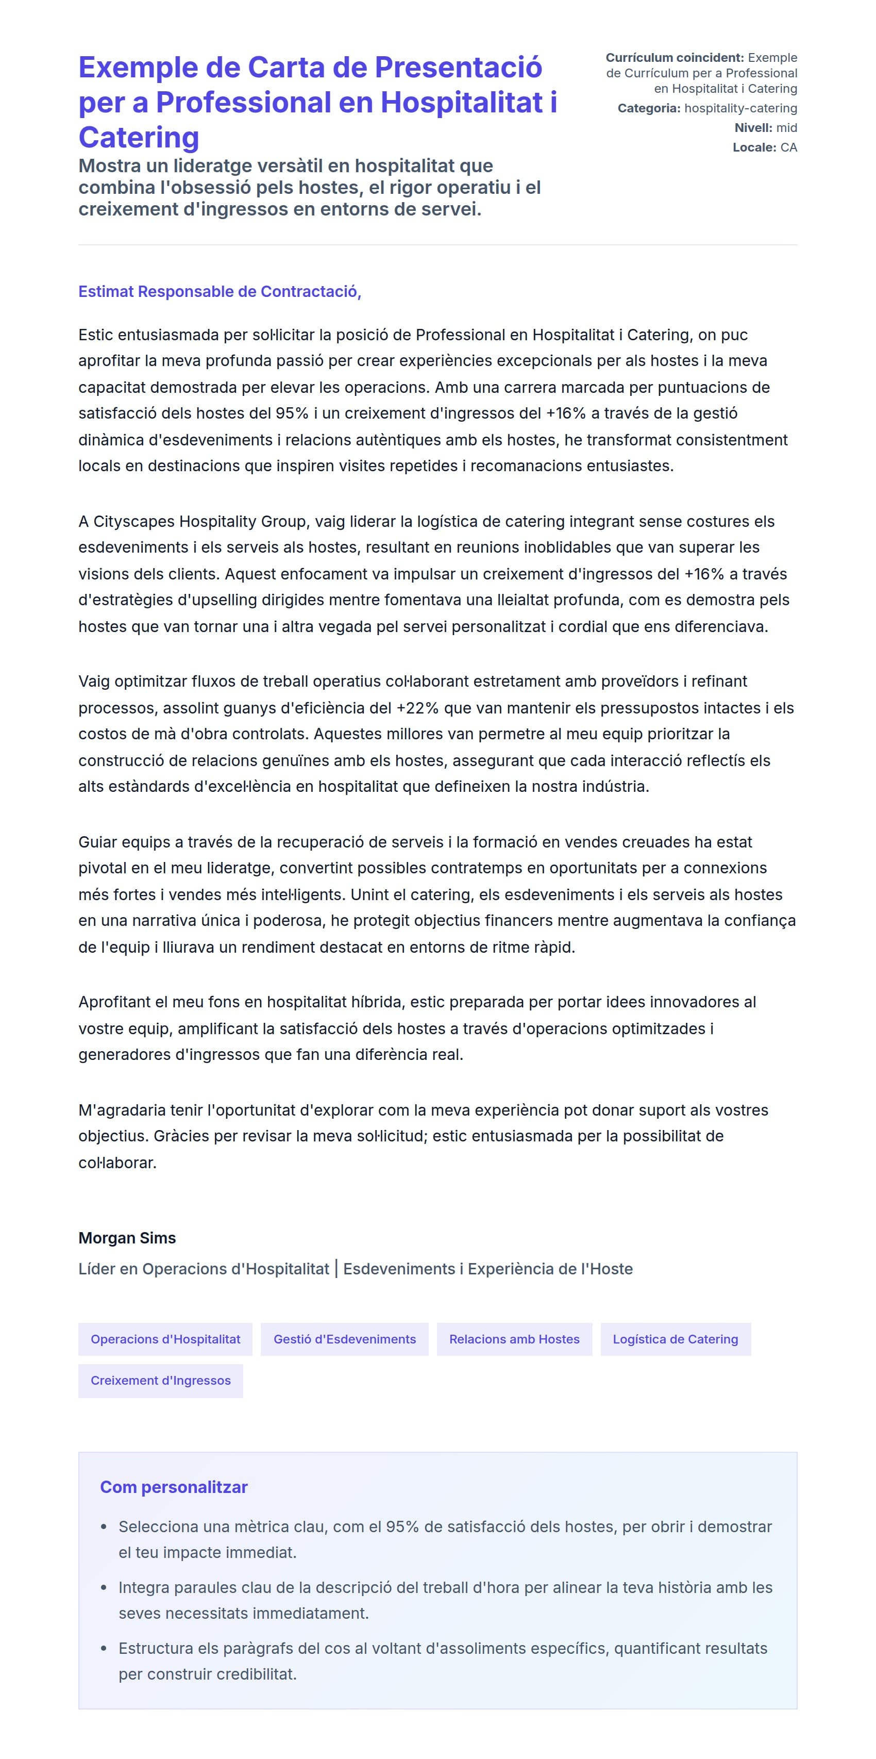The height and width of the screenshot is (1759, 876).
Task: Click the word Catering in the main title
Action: [x=139, y=137]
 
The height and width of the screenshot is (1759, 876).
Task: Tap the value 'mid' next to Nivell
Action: [x=786, y=128]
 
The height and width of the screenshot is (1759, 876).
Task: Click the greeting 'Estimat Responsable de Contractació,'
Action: [x=219, y=292]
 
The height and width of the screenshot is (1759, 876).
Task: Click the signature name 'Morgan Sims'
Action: [x=127, y=1238]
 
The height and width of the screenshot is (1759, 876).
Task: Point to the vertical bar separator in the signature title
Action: [x=336, y=1269]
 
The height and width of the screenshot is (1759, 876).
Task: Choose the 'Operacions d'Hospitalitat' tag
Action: [x=165, y=1339]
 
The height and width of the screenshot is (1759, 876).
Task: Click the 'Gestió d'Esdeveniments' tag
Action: [x=344, y=1339]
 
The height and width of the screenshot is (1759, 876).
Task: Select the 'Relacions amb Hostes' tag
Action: [x=514, y=1339]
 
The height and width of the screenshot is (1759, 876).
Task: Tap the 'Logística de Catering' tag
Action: [x=675, y=1339]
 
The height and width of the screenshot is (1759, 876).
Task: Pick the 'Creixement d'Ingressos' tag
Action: [x=160, y=1380]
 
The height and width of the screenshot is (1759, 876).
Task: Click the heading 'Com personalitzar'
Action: [x=174, y=1487]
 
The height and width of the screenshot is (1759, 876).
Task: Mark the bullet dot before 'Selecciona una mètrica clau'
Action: [x=104, y=1527]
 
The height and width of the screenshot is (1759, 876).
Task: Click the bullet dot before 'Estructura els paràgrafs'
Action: [x=104, y=1648]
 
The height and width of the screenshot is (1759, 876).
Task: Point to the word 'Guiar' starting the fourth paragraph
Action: [x=97, y=842]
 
